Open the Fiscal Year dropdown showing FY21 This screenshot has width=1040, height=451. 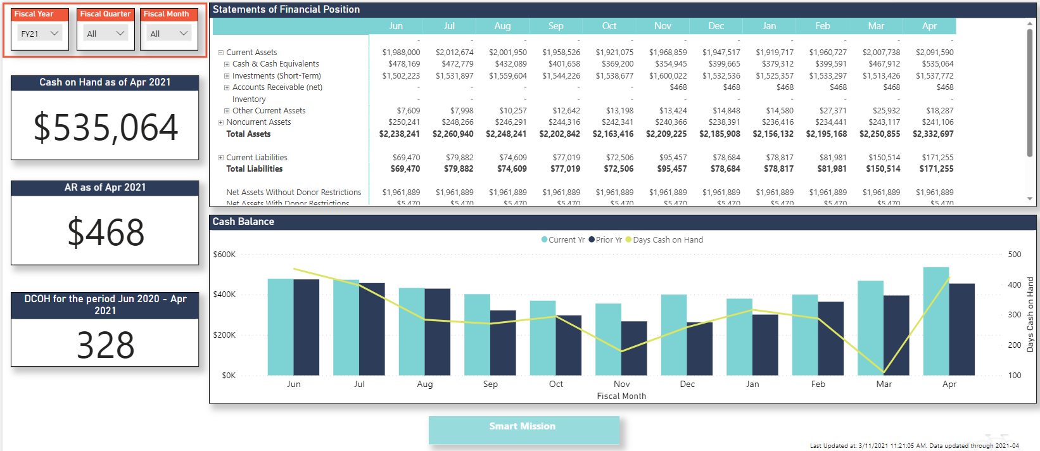[x=40, y=34]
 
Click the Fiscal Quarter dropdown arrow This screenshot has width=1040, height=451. [x=120, y=34]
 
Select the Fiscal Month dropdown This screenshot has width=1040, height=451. [x=168, y=34]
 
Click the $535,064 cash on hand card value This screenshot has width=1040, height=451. [x=105, y=127]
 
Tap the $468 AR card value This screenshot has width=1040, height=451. [x=105, y=232]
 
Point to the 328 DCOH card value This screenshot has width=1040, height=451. [x=105, y=345]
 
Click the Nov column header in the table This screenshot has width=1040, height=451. [x=663, y=26]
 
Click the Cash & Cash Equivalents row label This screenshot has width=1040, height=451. [x=276, y=64]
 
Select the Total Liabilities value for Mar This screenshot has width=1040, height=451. [x=883, y=169]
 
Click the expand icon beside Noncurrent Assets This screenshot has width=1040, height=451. [x=221, y=122]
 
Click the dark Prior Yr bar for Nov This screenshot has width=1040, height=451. [x=634, y=348]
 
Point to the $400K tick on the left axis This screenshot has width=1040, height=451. [x=224, y=295]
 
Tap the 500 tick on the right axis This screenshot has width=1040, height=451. [x=1014, y=255]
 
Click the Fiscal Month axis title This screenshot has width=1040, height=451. [x=621, y=396]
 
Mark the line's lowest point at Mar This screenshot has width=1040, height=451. [x=884, y=372]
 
